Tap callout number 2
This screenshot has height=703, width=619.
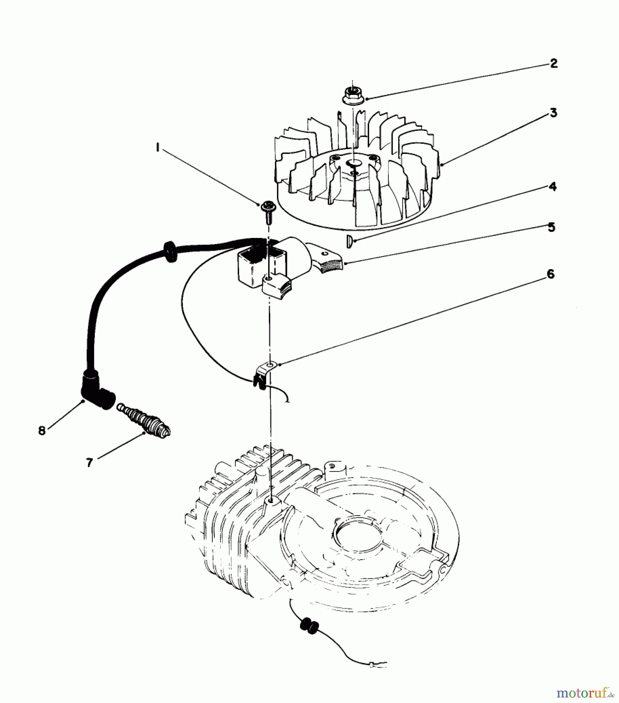coord(554,64)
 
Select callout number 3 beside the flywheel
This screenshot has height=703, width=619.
coord(553,113)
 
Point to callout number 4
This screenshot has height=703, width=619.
coord(552,187)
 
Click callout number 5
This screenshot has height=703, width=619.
coord(551,227)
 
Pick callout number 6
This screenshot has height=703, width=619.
coord(550,274)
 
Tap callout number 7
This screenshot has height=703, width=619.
coord(89,463)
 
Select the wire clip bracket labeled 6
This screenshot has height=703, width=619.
coord(263,372)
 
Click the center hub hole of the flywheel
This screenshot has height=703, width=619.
coord(355,162)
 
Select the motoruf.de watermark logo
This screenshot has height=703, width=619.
coord(582,692)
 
